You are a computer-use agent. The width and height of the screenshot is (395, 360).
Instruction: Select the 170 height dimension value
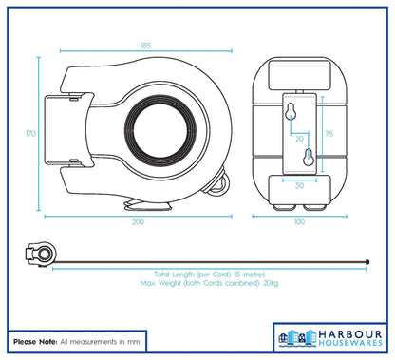click(x=30, y=134)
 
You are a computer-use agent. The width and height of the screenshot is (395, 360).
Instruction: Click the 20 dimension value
click(x=299, y=139)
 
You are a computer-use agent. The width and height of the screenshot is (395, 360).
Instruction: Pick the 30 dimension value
click(x=299, y=185)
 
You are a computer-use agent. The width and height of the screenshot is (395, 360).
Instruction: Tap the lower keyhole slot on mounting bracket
click(x=307, y=161)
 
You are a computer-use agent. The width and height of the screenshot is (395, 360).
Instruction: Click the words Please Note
click(x=32, y=339)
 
